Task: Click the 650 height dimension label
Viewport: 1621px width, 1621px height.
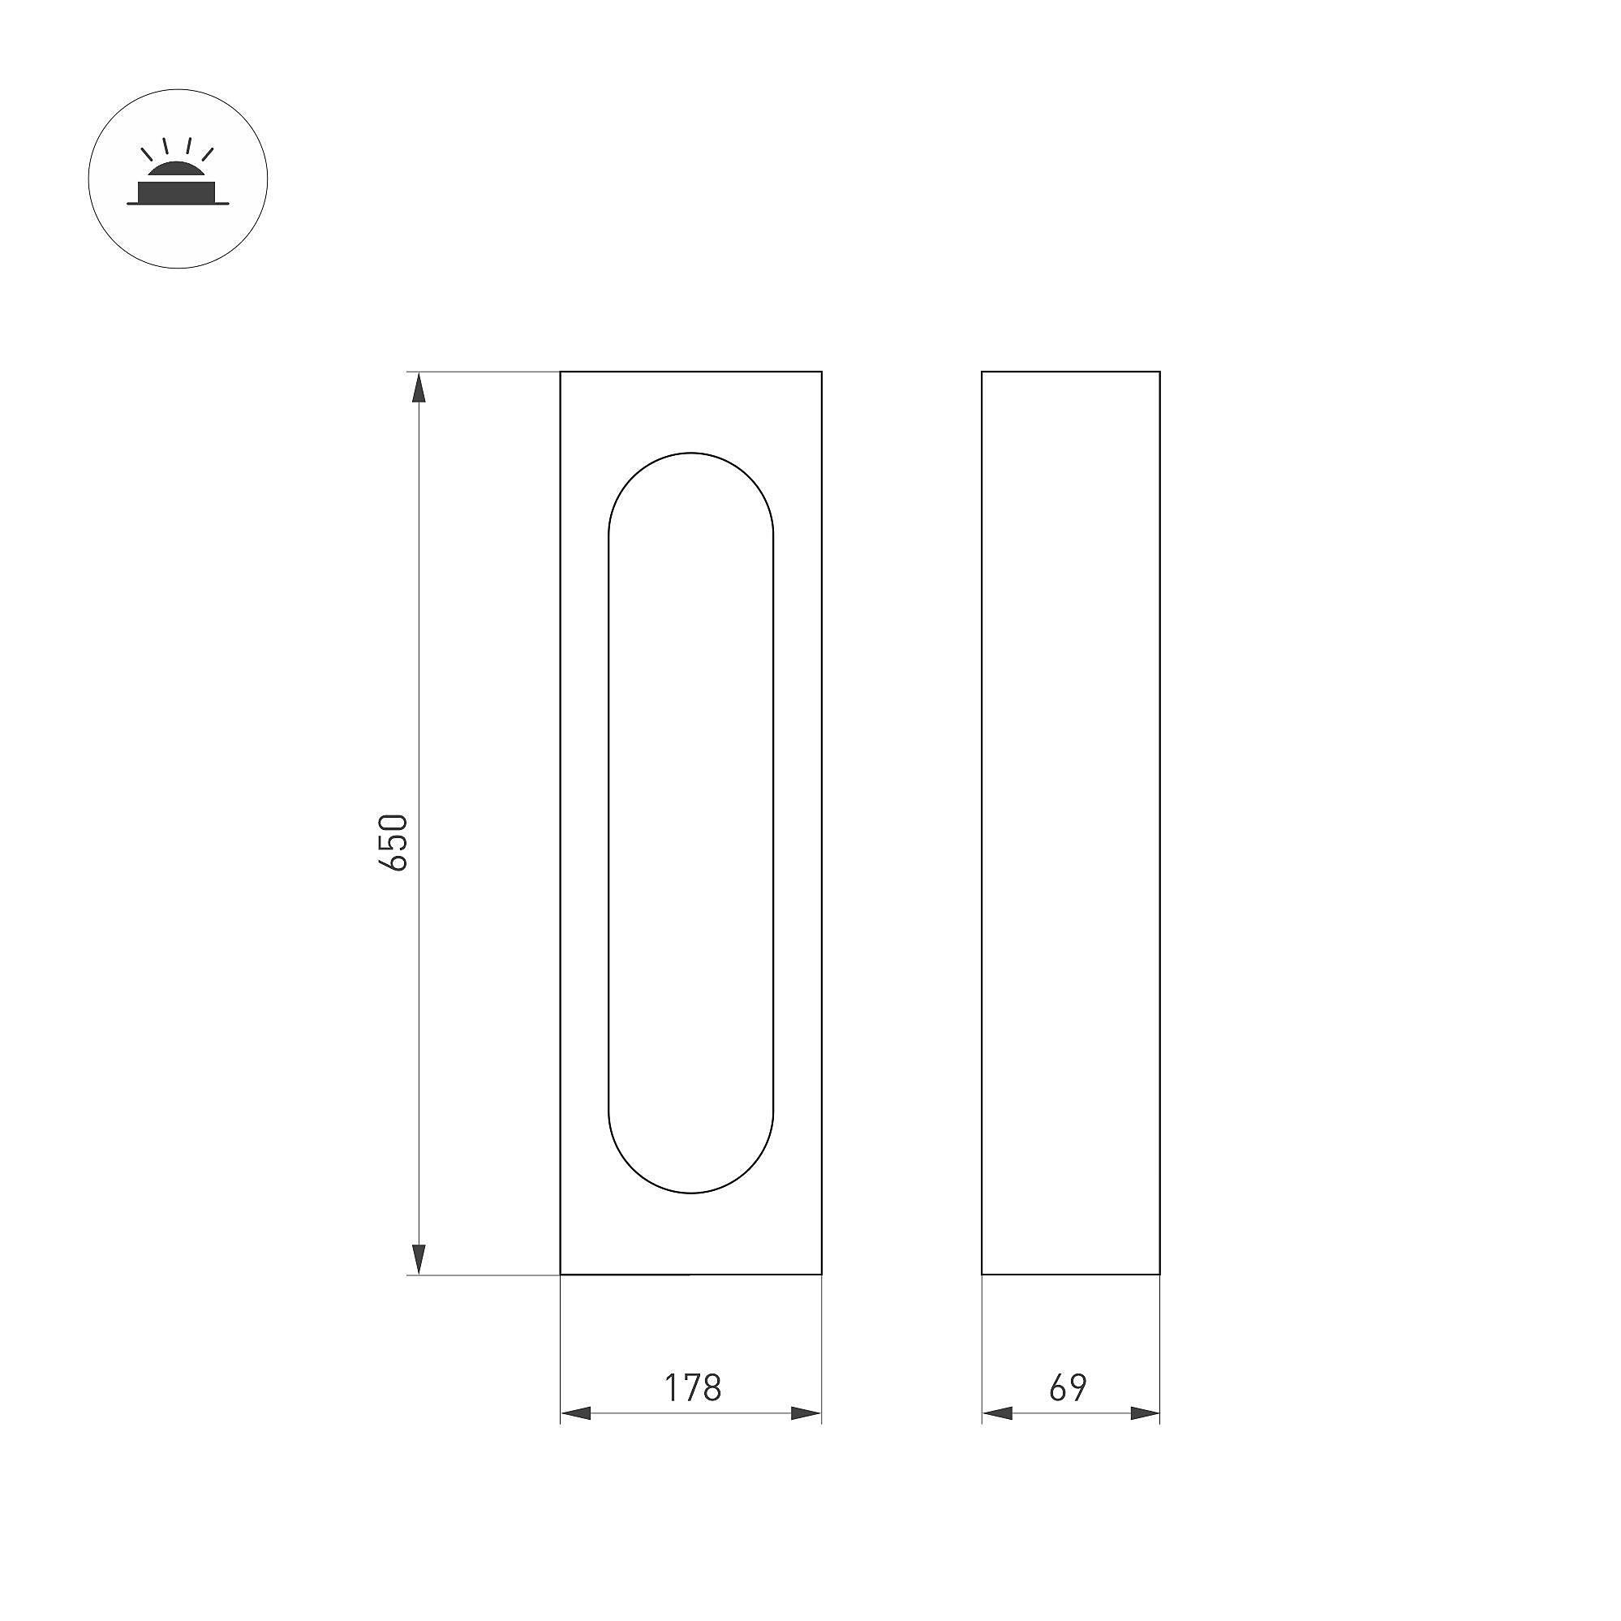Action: click(394, 841)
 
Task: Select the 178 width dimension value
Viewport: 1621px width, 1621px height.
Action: click(693, 1388)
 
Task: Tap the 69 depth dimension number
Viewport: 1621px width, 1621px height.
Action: click(1068, 1388)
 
